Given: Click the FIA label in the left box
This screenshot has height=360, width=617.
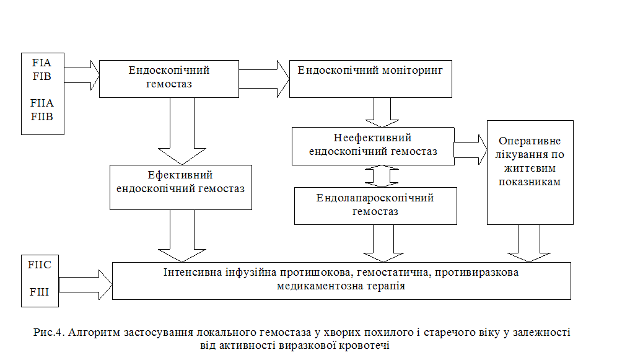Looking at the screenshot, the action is click(x=42, y=63).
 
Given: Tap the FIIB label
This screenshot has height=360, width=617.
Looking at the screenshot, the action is click(x=42, y=116).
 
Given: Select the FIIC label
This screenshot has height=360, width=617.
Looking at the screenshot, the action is click(x=40, y=265).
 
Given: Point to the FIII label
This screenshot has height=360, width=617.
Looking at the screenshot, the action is click(x=40, y=292).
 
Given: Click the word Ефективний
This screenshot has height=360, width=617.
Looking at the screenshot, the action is click(x=180, y=175).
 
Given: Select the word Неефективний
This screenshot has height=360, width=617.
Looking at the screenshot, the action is click(x=373, y=138).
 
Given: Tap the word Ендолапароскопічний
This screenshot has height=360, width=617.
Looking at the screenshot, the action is click(x=375, y=198).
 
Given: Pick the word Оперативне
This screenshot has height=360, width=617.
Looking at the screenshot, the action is click(x=530, y=141).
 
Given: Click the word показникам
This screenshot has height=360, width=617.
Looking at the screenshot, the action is click(x=530, y=182).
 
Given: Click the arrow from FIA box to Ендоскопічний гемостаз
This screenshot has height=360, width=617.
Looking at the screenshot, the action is click(x=82, y=75).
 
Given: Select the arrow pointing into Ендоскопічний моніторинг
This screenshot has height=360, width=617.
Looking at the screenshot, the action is click(x=264, y=79).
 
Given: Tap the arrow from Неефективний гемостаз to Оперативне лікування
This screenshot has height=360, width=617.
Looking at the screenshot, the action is click(x=471, y=150).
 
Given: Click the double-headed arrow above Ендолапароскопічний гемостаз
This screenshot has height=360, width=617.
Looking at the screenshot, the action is click(x=382, y=176).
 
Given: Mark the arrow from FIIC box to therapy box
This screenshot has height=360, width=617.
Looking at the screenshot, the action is click(x=85, y=285).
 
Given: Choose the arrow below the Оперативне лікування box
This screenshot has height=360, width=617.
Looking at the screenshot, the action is click(x=529, y=243).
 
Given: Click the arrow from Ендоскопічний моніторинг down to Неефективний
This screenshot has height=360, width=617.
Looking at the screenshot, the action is click(x=382, y=113).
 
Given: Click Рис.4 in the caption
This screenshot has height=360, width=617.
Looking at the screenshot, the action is click(x=49, y=333).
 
